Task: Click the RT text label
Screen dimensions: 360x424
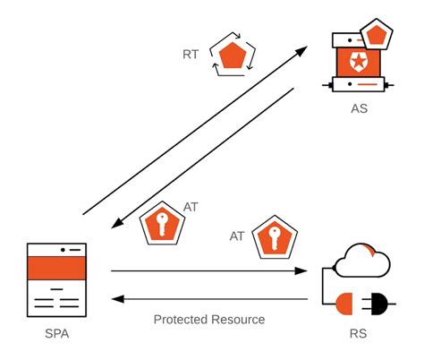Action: point(191,54)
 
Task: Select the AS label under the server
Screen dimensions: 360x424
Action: point(360,109)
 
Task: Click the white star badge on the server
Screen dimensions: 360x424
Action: point(359,63)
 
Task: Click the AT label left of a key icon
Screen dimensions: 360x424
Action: point(237,236)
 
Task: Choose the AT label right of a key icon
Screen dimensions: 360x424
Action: point(191,207)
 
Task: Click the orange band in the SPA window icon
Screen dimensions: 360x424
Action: point(56,267)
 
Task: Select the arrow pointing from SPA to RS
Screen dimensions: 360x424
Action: point(210,270)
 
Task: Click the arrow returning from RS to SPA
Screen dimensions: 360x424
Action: point(210,298)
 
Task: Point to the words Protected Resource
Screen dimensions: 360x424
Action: point(208,319)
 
